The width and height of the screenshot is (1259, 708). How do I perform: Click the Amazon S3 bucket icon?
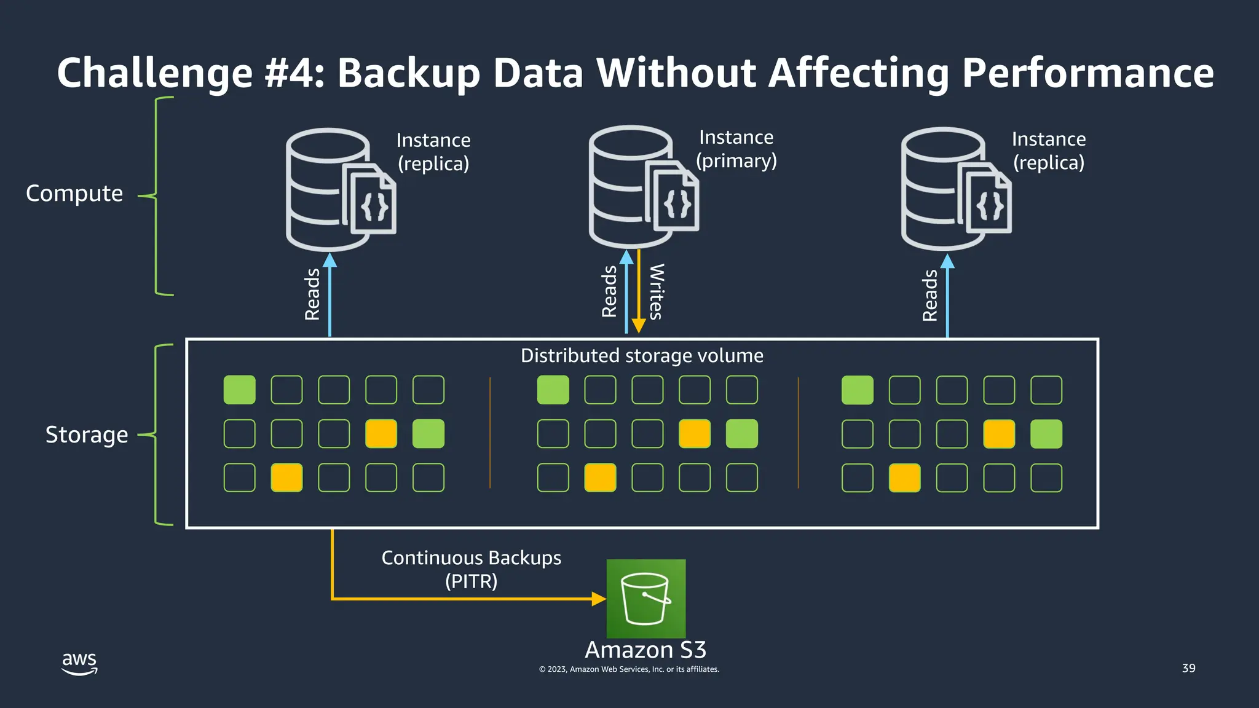(x=645, y=598)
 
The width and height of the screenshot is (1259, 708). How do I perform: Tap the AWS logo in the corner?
(x=79, y=663)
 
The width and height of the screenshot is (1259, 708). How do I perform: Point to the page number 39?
(x=1188, y=668)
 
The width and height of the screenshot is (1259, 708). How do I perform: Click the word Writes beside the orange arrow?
(x=656, y=291)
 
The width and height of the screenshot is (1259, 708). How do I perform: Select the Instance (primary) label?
(x=736, y=149)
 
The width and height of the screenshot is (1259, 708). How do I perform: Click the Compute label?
(x=74, y=194)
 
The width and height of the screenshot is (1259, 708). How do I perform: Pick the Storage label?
(x=87, y=435)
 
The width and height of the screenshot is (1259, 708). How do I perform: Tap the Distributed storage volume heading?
(x=642, y=356)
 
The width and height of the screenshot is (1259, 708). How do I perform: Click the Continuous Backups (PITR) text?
(x=471, y=569)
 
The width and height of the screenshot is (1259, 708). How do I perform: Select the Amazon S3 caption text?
(x=645, y=650)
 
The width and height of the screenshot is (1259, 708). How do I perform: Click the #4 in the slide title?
(x=294, y=73)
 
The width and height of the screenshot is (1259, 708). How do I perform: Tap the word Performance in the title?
(x=1087, y=73)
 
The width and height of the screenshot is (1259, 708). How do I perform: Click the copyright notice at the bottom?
(x=629, y=669)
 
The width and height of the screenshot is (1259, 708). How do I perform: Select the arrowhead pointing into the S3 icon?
(x=598, y=599)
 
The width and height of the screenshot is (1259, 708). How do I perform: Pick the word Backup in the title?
(x=408, y=73)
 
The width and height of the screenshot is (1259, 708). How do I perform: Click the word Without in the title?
(x=676, y=73)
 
